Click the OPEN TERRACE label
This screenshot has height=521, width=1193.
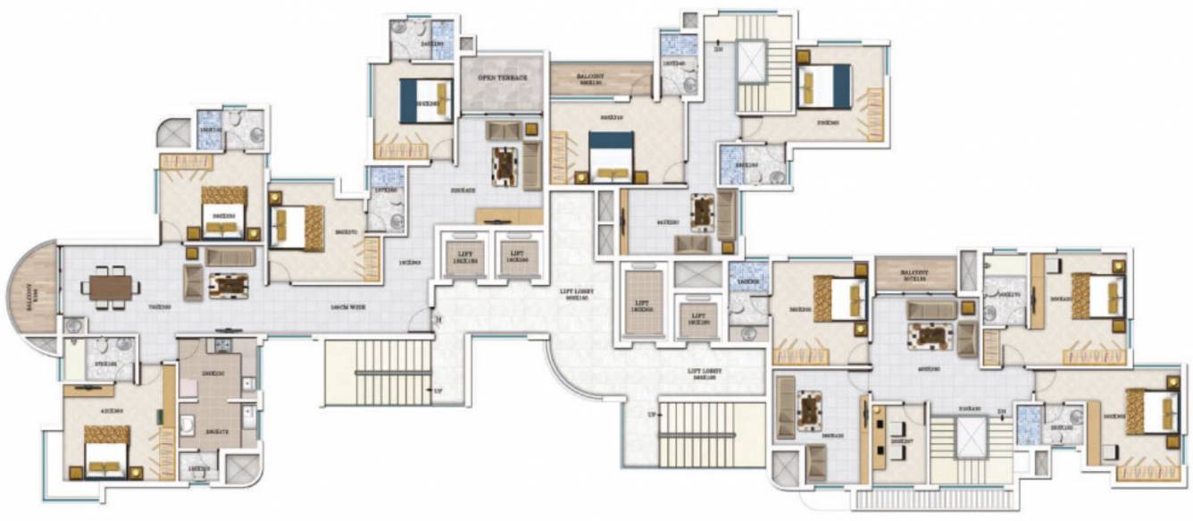coord(503,79)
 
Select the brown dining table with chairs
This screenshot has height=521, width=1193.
coord(111,287)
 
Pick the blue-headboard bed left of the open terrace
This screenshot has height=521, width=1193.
coord(426,101)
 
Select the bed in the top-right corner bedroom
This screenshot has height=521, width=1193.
coord(823,87)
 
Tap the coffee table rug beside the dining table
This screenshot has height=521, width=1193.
coord(228,285)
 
